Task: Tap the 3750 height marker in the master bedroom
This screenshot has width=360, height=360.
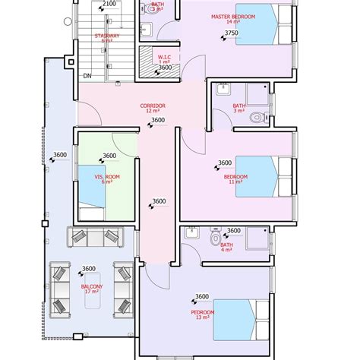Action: tap(232, 33)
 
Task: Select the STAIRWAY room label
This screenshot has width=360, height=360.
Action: tap(106, 35)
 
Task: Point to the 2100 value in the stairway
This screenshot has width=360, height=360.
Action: tap(109, 4)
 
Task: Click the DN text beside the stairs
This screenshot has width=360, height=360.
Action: tap(87, 75)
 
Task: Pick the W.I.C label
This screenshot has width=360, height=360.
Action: tap(164, 56)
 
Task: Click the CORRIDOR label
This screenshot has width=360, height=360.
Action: tap(153, 106)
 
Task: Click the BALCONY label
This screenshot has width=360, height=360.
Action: tap(91, 286)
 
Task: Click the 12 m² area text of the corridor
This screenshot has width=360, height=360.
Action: tap(153, 111)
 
